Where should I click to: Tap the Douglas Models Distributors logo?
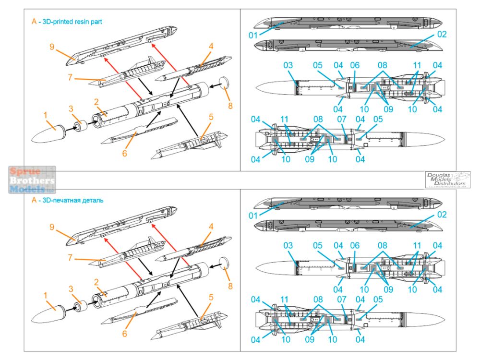pyautogui.click(x=447, y=179)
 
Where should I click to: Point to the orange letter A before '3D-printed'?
pyautogui.click(x=34, y=22)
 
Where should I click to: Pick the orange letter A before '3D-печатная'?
pyautogui.click(x=34, y=200)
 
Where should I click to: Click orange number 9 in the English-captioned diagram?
pyautogui.click(x=52, y=47)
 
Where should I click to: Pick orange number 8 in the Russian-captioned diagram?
pyautogui.click(x=230, y=287)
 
